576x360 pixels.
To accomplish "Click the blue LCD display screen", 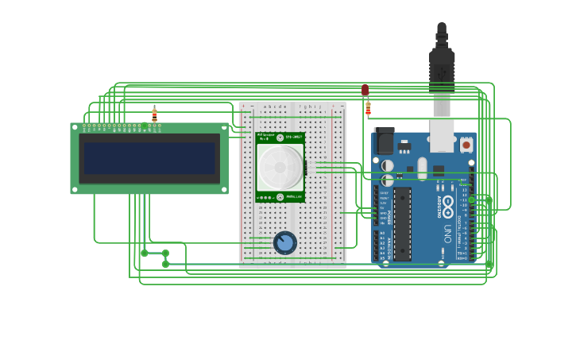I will click(149, 158).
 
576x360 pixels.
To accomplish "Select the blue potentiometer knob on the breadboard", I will click(285, 242).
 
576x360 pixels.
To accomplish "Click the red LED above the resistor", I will click(365, 90).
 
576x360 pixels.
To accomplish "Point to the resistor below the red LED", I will click(368, 107).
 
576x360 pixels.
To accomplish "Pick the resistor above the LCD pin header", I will click(154, 114).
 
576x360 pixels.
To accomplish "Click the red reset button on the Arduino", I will click(466, 145).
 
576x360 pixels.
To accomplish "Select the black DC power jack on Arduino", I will click(384, 141).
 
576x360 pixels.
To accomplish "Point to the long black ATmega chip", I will click(402, 224).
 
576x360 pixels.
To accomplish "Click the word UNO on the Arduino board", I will click(446, 233).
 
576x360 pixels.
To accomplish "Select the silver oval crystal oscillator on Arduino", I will click(422, 168).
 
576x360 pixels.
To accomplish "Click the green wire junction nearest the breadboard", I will click(165, 254).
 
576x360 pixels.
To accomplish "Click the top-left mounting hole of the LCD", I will click(75, 126).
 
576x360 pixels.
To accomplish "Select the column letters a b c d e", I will click(275, 106).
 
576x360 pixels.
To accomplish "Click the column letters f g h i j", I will click(311, 106).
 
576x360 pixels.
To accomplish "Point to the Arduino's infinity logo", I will click(446, 203).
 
